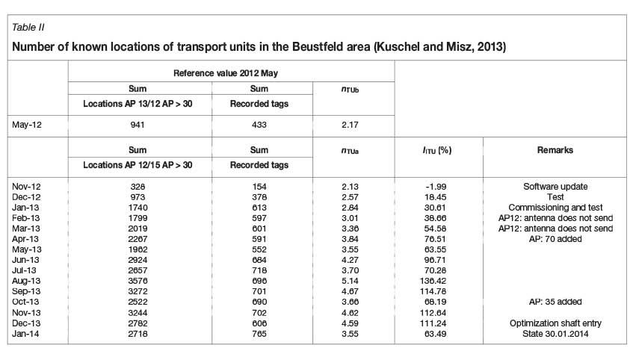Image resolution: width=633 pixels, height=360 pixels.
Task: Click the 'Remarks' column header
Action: pyautogui.click(x=555, y=150)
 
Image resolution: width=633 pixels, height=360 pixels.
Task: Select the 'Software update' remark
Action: pyautogui.click(x=555, y=185)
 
